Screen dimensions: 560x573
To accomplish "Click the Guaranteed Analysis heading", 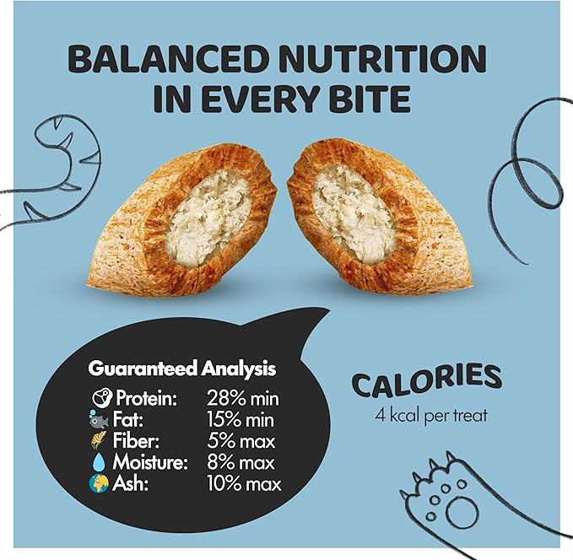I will (x=182, y=369).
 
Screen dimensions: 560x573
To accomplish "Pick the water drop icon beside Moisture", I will (x=96, y=462).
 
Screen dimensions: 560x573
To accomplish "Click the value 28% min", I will (x=243, y=398).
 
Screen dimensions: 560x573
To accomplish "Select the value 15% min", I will (x=243, y=419).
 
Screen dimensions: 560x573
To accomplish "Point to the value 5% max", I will (x=241, y=440).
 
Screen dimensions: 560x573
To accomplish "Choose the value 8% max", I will (x=241, y=462).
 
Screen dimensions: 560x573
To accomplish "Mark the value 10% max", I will (x=245, y=484).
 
